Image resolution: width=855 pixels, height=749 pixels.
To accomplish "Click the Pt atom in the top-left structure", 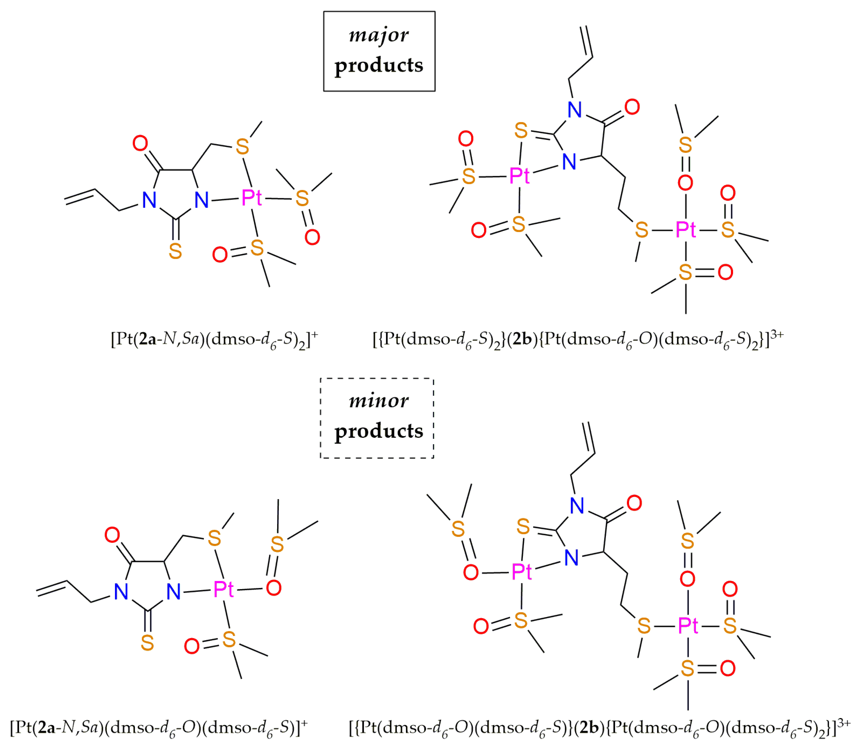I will (x=251, y=197).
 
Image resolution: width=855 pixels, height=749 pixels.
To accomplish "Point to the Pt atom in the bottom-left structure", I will (x=224, y=589).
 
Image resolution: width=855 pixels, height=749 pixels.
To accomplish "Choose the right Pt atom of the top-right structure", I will (x=686, y=229).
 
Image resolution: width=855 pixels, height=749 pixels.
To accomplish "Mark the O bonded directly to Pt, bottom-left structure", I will (x=274, y=588).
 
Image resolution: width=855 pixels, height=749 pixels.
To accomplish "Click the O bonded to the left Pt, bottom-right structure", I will (x=471, y=572).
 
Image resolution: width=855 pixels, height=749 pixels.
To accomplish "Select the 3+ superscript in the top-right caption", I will (x=777, y=334).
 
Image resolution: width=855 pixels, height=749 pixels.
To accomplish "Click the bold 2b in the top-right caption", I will (x=522, y=339).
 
